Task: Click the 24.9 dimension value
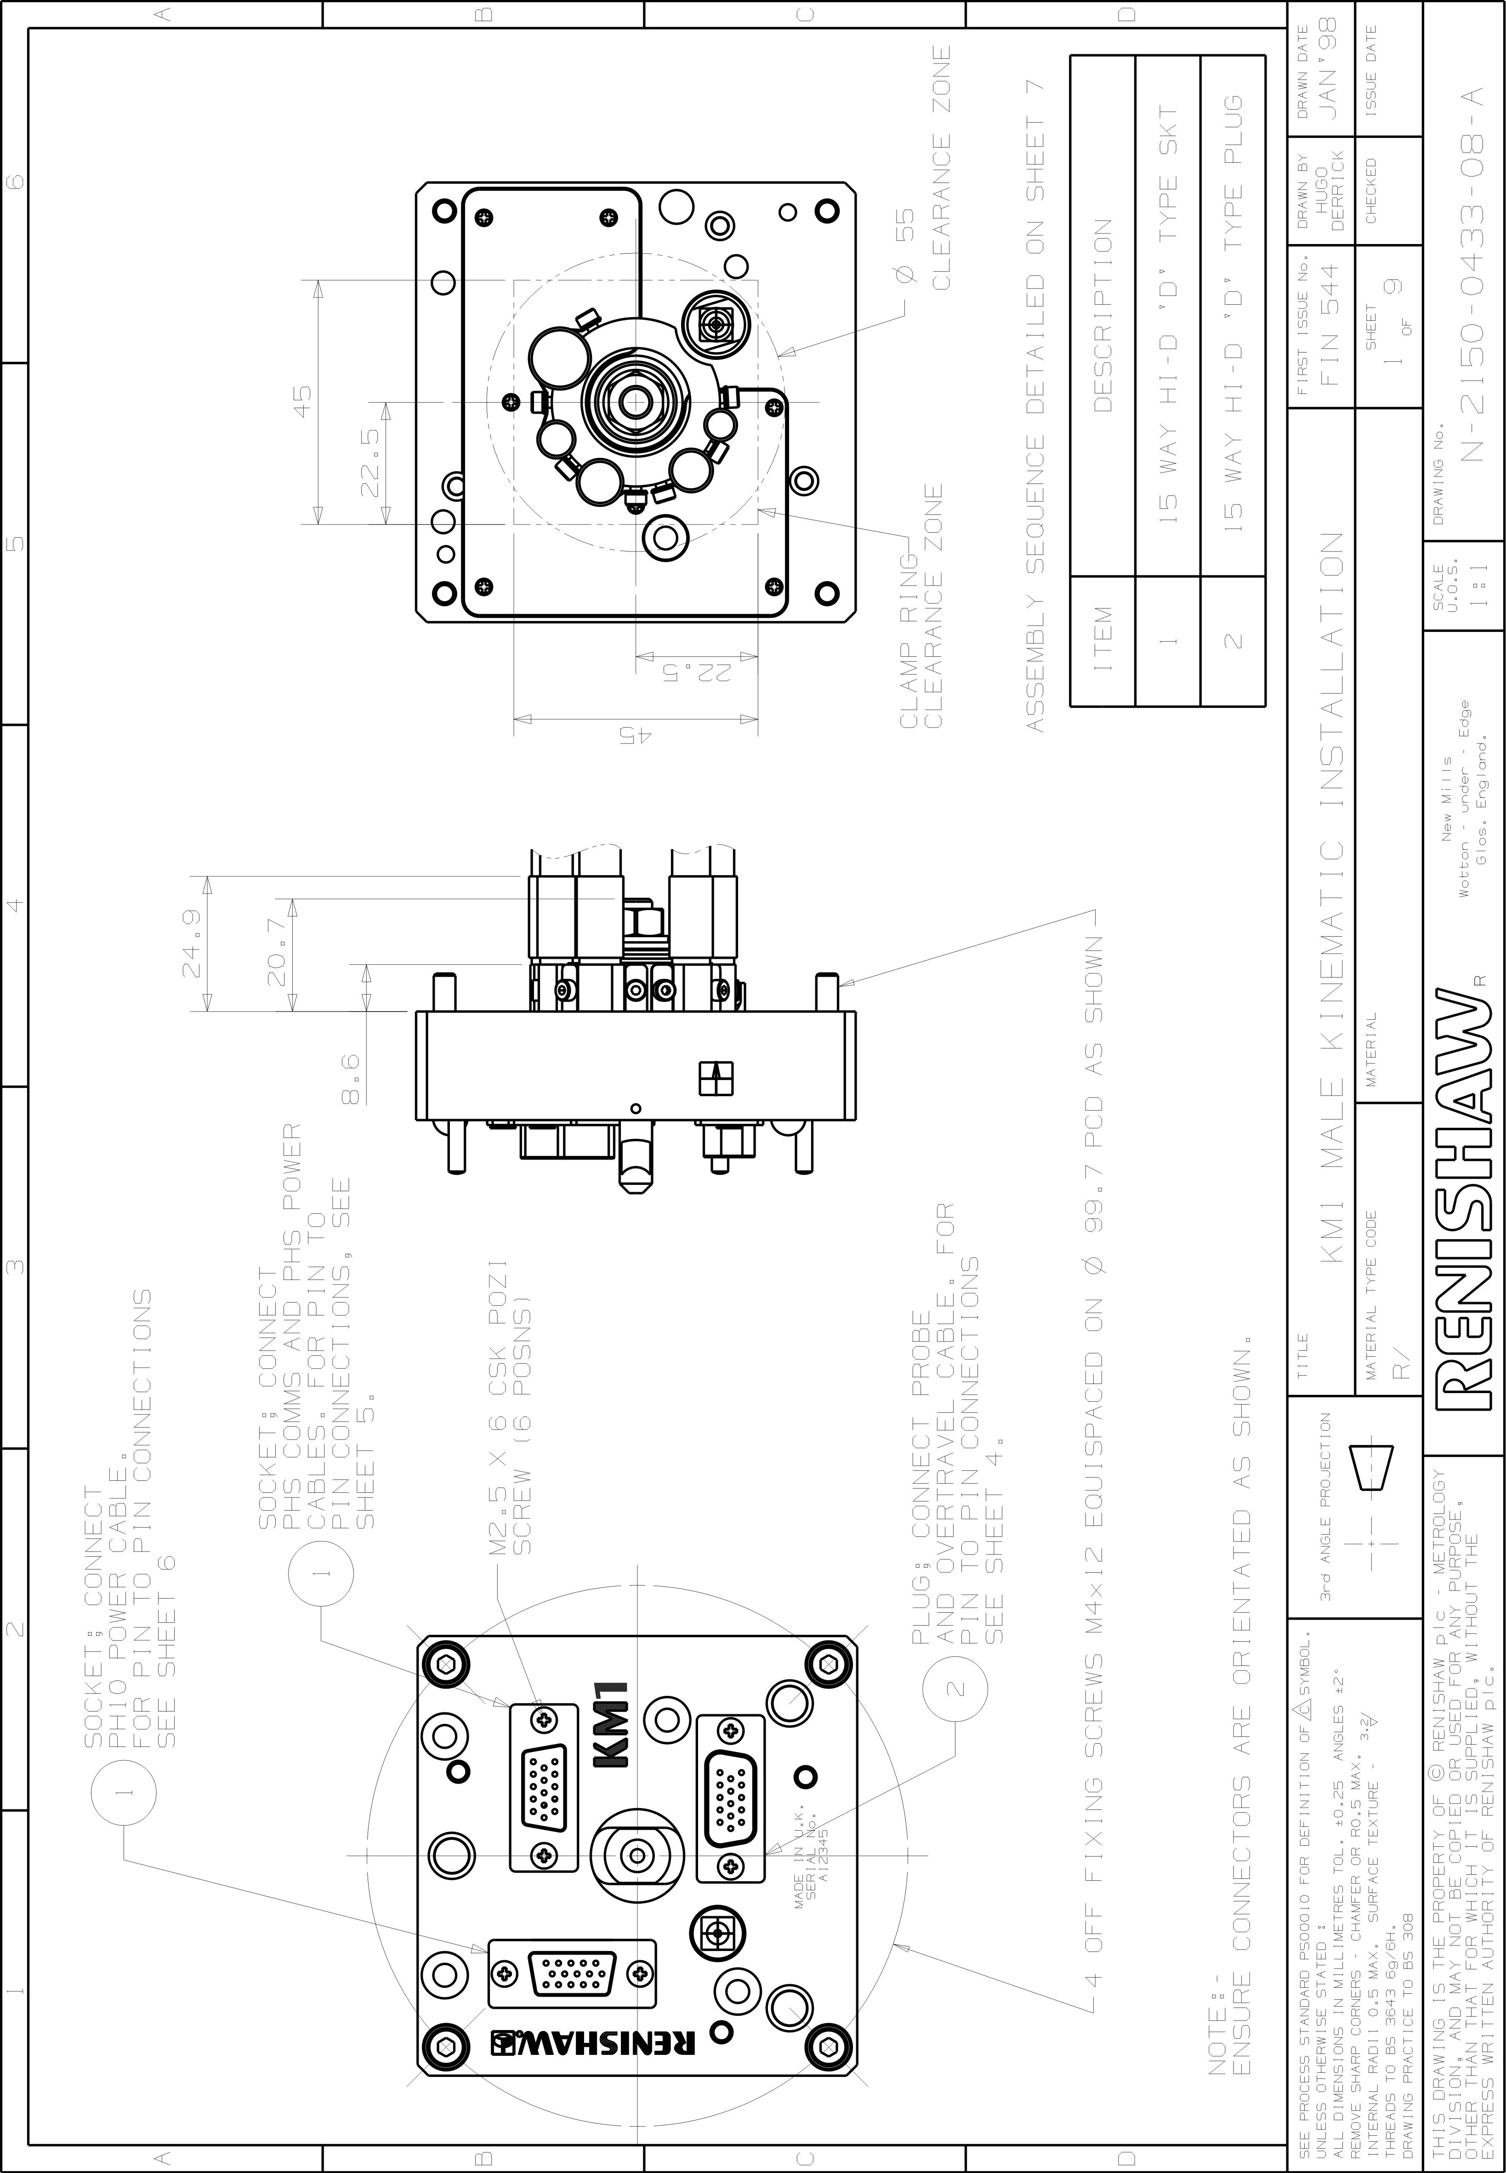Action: click(x=193, y=944)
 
